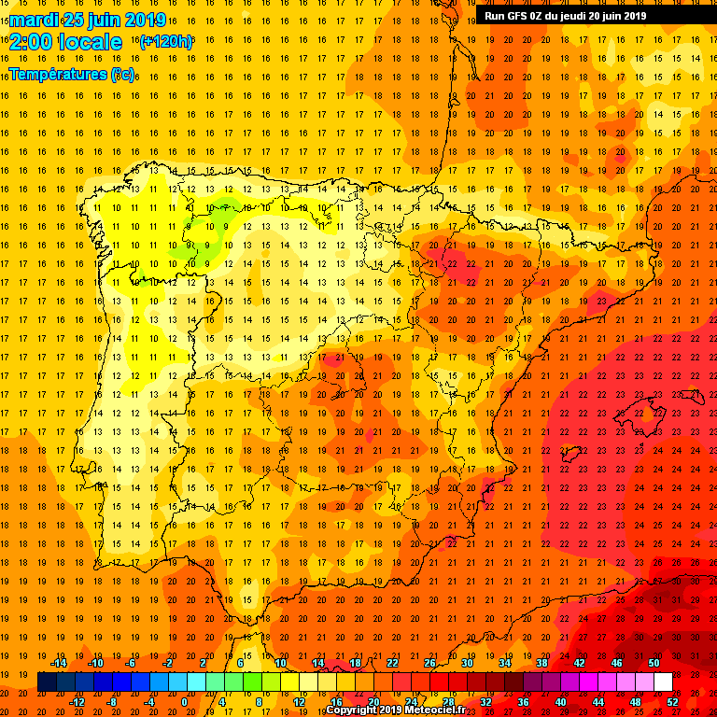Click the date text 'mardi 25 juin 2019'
click(89, 20)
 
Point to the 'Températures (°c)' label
click(71, 74)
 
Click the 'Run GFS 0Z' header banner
click(565, 15)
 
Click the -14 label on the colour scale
click(58, 663)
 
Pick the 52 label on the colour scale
click(672, 702)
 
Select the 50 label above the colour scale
click(654, 663)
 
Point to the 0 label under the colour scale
click(184, 702)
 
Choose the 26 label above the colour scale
click(429, 663)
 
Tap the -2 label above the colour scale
click(168, 663)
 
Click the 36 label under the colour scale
click(523, 702)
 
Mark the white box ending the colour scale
click(663, 682)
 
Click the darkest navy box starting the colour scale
click(47, 682)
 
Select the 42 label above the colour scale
click(579, 663)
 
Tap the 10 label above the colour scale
click(280, 663)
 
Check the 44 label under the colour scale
click(597, 702)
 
